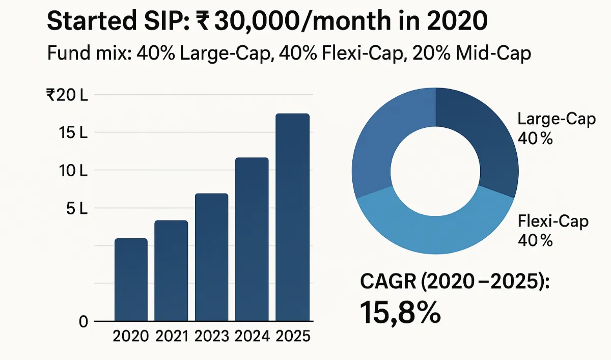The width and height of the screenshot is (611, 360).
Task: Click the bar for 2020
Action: tap(131, 280)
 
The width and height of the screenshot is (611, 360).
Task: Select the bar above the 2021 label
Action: tap(171, 270)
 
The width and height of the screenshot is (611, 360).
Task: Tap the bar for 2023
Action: tap(211, 257)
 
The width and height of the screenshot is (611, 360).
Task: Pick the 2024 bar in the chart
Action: tap(252, 239)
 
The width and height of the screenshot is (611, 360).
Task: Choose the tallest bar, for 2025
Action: tap(292, 217)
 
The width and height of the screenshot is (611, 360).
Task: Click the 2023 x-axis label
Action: tap(211, 337)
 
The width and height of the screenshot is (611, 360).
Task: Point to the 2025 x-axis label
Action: tap(292, 337)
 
